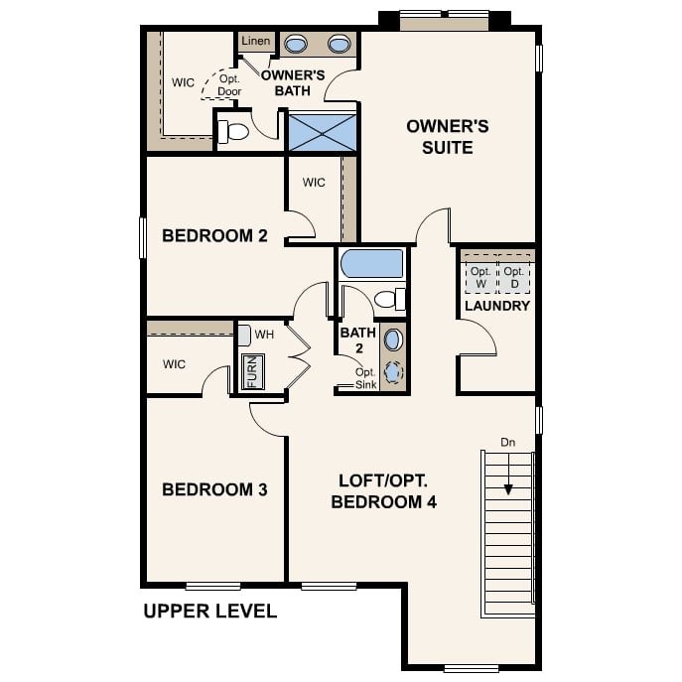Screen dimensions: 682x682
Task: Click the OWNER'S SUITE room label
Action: click(433, 137)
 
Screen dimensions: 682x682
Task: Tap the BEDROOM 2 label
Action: click(214, 236)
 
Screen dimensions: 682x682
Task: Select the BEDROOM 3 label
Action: click(214, 489)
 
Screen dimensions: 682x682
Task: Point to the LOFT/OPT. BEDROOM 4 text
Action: click(383, 490)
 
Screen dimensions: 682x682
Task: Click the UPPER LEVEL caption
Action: click(209, 612)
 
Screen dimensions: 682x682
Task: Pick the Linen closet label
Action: click(255, 42)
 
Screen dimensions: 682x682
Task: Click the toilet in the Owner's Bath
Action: click(234, 131)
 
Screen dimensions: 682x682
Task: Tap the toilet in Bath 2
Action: click(390, 299)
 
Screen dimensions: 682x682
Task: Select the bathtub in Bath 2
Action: click(372, 264)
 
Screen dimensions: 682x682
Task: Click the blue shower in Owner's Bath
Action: click(324, 131)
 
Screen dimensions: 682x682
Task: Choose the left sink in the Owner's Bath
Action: click(296, 44)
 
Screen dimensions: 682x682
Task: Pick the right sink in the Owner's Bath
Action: click(339, 44)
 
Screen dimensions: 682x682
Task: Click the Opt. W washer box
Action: click(480, 278)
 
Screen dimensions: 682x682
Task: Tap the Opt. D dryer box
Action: click(513, 278)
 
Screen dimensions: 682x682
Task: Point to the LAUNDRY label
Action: click(497, 306)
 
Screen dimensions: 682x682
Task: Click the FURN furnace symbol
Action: click(251, 371)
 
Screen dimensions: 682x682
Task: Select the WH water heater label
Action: click(264, 335)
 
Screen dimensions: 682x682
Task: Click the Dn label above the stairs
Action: click(508, 442)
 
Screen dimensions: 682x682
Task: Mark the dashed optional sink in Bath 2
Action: click(393, 372)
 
